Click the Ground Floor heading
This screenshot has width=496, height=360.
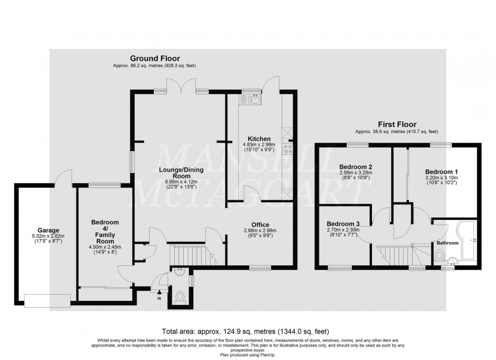pyautogui.click(x=154, y=59)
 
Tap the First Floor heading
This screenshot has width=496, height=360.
pyautogui.click(x=397, y=124)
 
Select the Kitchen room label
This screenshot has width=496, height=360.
pyautogui.click(x=259, y=139)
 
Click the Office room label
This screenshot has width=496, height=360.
pyautogui.click(x=260, y=225)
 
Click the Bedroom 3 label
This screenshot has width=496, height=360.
pyautogui.click(x=343, y=224)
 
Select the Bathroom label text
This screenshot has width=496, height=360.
pyautogui.click(x=447, y=243)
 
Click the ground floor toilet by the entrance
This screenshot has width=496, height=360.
pyautogui.click(x=180, y=296)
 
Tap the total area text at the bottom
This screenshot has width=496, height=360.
pyautogui.click(x=247, y=332)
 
